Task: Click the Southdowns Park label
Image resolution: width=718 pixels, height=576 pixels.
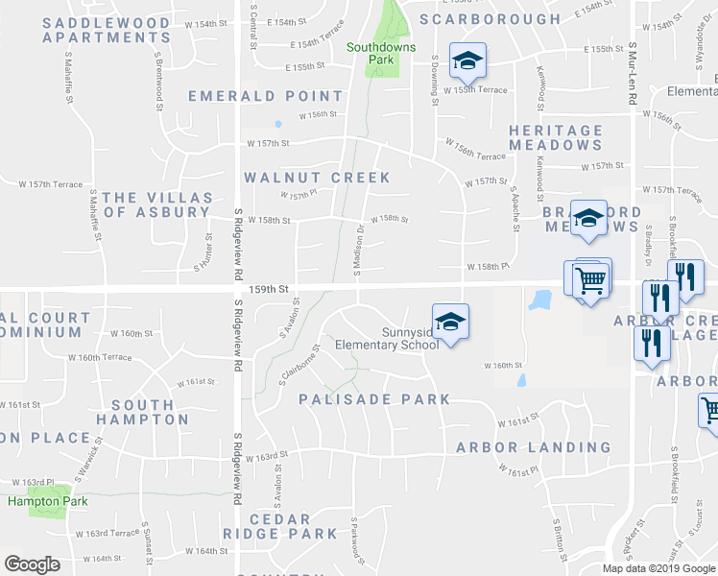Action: click(370, 53)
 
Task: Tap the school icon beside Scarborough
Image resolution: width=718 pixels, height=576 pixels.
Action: click(467, 60)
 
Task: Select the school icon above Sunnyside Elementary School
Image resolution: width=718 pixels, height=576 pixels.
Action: click(448, 323)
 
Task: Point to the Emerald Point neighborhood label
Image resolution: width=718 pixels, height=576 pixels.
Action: click(265, 96)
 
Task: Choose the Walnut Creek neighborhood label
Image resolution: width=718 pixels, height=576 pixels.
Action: click(317, 178)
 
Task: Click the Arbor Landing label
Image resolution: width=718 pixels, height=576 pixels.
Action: click(533, 447)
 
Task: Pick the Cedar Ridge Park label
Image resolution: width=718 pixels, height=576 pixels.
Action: click(280, 525)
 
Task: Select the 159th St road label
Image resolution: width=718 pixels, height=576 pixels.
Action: click(270, 288)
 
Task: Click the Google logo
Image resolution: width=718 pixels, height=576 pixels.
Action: click(32, 564)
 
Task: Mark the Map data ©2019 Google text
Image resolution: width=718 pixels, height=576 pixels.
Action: click(659, 568)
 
